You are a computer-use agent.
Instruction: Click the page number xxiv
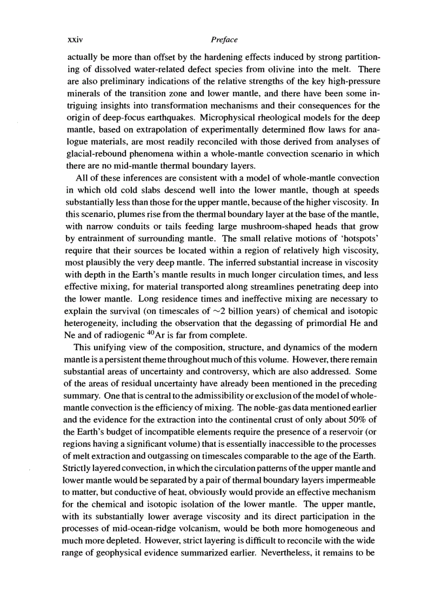pyautogui.click(x=73, y=40)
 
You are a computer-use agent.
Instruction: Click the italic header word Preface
pyautogui.click(x=225, y=40)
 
